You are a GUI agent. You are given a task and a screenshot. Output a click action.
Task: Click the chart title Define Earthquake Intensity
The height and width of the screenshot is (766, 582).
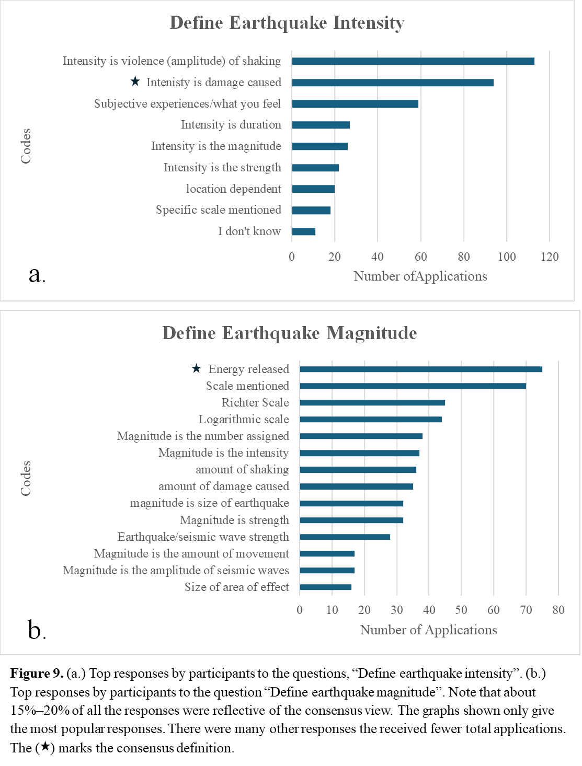click(287, 23)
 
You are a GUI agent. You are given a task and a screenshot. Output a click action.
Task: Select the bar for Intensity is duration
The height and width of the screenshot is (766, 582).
click(321, 125)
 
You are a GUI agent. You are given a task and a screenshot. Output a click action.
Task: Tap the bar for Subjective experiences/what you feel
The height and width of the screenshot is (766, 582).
click(355, 103)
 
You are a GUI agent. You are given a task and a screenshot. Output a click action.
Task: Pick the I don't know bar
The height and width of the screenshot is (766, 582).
click(303, 231)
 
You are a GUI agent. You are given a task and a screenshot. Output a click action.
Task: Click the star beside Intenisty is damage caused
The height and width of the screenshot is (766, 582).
click(135, 82)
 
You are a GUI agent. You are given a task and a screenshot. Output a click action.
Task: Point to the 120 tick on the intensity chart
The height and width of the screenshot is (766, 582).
click(550, 257)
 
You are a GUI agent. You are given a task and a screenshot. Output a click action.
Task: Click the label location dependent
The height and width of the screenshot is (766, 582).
click(233, 189)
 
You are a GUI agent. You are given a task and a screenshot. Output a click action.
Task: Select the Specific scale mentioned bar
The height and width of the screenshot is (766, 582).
click(311, 210)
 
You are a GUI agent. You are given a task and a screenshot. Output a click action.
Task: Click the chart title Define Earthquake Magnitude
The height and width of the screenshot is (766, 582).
click(290, 333)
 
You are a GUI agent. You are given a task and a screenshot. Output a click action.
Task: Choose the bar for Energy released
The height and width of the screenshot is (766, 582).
click(421, 369)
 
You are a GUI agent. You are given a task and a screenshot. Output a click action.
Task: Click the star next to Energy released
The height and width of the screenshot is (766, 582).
click(196, 368)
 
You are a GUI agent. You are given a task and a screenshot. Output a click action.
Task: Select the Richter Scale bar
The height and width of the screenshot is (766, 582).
click(372, 402)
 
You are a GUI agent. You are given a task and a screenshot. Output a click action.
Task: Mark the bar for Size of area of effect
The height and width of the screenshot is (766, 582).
click(325, 587)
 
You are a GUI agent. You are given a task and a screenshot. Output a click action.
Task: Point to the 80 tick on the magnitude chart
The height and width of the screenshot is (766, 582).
click(558, 610)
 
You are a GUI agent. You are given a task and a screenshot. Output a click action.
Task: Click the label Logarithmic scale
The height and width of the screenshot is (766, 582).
click(244, 419)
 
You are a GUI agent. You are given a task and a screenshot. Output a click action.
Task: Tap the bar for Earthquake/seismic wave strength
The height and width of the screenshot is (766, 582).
click(345, 537)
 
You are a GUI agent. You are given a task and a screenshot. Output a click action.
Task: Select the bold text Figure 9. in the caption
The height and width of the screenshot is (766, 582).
click(37, 674)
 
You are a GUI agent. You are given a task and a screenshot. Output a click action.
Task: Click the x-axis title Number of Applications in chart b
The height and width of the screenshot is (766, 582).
click(428, 630)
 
